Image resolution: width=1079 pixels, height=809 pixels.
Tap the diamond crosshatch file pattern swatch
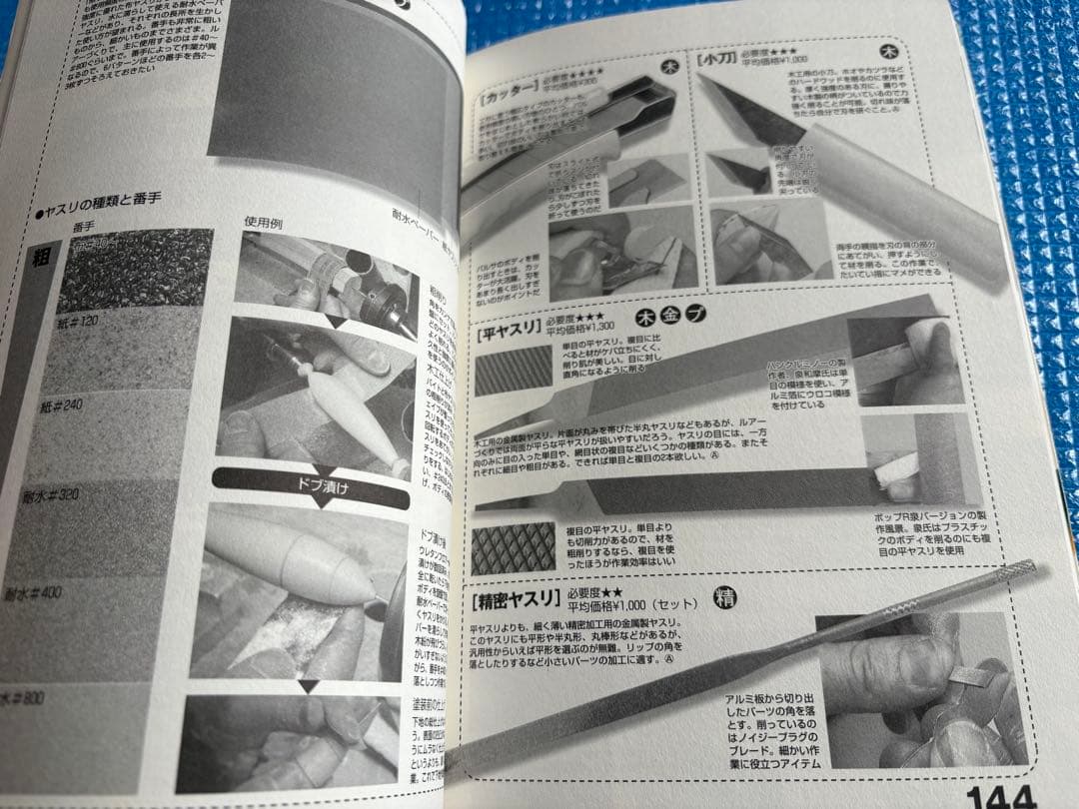click(x=514, y=547)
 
